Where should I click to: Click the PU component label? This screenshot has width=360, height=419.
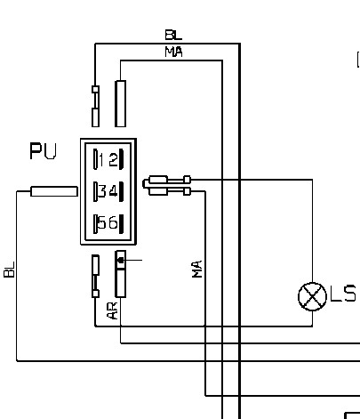point(43,151)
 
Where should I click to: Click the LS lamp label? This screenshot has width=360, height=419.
point(343,294)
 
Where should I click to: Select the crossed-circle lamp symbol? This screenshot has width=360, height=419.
point(312,296)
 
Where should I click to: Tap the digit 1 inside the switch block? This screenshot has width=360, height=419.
point(101,160)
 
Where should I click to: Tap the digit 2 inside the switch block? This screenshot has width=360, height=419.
point(114,160)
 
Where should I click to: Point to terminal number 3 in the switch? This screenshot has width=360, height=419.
point(102,191)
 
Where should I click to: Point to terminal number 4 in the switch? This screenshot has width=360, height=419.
point(114,191)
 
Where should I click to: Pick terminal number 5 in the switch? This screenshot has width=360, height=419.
point(102,222)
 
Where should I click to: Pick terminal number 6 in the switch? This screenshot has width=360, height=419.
point(113,222)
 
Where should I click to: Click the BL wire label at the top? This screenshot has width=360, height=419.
point(173,35)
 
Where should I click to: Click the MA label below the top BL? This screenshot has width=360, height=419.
point(174,52)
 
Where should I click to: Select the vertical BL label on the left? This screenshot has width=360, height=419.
point(9,270)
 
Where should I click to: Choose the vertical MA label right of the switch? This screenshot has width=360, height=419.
point(197,269)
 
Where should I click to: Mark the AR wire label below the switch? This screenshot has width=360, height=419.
point(113,310)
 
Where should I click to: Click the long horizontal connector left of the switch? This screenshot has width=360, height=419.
point(54,191)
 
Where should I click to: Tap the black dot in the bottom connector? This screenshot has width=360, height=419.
point(121,261)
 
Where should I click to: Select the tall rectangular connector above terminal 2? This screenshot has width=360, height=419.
point(120,103)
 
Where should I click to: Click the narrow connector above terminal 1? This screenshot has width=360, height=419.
point(95,106)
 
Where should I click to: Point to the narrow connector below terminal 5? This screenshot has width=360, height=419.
point(95,276)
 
